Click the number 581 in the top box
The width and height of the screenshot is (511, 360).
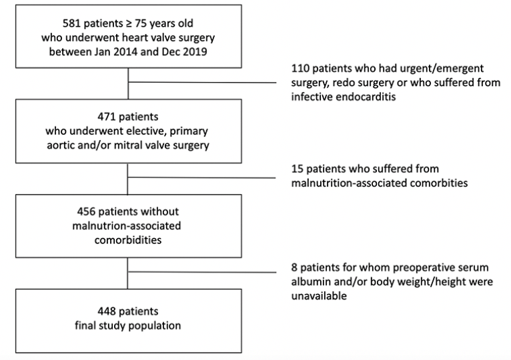click(x=71, y=23)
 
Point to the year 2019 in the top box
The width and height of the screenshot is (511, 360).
click(x=195, y=52)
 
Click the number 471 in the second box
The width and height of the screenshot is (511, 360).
click(x=106, y=117)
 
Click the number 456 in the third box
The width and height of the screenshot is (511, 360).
click(x=86, y=211)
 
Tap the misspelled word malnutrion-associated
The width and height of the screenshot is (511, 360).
click(x=127, y=226)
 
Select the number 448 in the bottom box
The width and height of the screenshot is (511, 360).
click(x=106, y=311)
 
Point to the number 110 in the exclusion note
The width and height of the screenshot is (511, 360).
click(x=300, y=69)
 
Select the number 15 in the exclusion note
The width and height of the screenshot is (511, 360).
click(x=297, y=169)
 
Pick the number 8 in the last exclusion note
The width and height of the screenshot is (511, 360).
click(x=294, y=267)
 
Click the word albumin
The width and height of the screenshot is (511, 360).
click(x=311, y=282)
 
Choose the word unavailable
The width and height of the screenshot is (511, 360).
click(x=319, y=296)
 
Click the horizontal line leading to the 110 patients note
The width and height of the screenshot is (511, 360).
click(x=202, y=83)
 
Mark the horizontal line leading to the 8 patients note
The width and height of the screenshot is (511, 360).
click(x=202, y=272)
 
